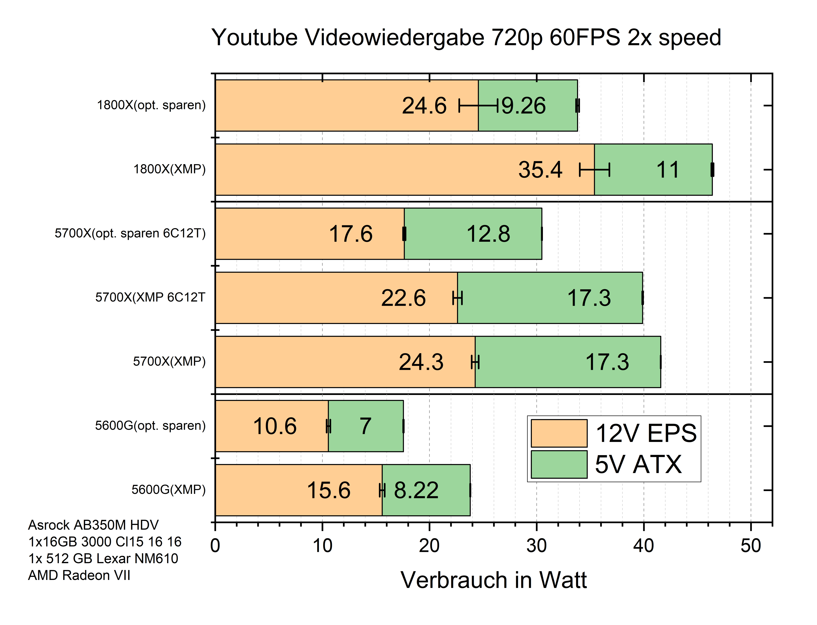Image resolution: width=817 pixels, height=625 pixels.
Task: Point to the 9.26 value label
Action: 524,106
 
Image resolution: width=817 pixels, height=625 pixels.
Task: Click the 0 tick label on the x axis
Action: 215,546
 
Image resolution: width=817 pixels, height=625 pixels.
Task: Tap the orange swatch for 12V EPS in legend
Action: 558,433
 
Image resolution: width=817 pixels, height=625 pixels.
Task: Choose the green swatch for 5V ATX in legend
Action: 558,464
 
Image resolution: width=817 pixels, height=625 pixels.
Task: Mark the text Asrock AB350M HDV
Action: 93,525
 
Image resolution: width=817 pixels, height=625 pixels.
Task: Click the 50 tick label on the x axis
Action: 750,546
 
